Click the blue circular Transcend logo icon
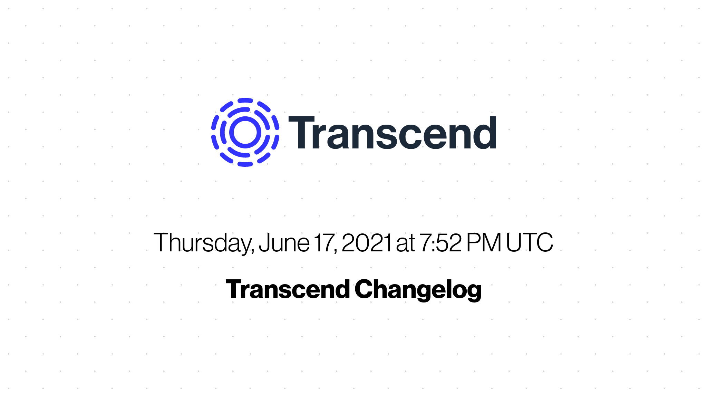[245, 132]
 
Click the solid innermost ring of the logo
[245, 119]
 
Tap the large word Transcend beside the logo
[393, 133]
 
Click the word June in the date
[284, 243]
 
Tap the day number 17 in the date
[324, 242]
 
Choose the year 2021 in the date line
[366, 242]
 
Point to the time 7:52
[440, 242]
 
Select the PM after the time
[484, 242]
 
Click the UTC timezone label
[529, 242]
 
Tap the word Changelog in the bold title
[418, 290]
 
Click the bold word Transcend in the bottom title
[288, 289]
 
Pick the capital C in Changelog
[365, 289]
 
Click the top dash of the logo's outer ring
[245, 100]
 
